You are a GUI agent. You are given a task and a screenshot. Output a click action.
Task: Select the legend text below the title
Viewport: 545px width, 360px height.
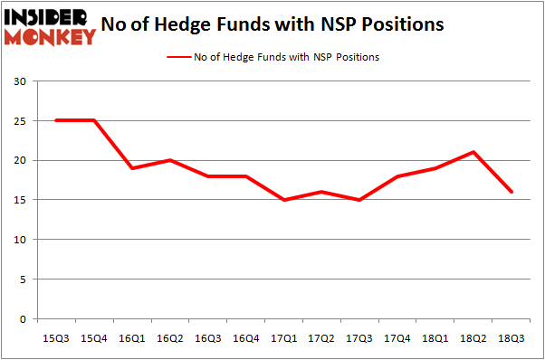[286, 57]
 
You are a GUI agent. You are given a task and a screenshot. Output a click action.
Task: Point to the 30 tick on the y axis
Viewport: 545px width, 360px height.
[20, 81]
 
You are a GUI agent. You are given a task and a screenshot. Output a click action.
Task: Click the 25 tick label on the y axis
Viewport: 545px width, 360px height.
[20, 121]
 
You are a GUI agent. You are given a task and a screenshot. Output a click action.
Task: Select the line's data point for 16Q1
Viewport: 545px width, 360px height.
[132, 168]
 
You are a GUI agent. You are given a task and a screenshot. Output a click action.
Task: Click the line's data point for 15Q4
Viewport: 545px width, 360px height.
[94, 120]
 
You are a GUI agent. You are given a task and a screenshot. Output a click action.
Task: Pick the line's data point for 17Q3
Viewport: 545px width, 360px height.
[360, 200]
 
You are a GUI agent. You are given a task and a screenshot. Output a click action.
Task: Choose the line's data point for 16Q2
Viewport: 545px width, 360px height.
[170, 160]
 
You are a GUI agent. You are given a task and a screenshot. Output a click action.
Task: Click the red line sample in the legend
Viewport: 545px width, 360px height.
[177, 57]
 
